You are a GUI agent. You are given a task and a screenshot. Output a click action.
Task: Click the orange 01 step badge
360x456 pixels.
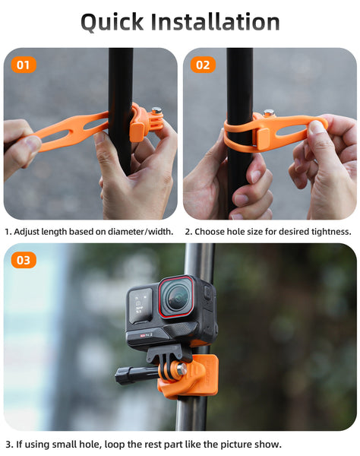[x=24, y=65]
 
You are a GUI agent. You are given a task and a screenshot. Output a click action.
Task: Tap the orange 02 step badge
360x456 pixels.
[x=203, y=65]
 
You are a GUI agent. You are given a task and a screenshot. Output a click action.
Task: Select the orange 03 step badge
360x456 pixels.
[x=24, y=260]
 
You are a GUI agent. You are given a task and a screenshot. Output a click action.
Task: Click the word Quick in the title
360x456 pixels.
[x=112, y=22]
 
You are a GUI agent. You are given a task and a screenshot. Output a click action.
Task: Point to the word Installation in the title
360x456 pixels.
[x=215, y=21]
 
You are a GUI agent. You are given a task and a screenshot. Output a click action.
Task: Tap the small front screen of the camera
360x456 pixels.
[x=141, y=306]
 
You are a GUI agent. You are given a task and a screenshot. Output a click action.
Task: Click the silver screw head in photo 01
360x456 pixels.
[x=157, y=110]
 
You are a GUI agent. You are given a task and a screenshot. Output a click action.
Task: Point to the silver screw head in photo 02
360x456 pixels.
[x=268, y=112]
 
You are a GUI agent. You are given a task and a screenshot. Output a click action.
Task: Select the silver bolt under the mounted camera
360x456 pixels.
[x=182, y=369]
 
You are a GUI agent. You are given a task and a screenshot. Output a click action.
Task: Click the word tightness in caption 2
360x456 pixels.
[x=331, y=232]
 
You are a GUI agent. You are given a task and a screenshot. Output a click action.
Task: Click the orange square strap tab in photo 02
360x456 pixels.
[x=264, y=139]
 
